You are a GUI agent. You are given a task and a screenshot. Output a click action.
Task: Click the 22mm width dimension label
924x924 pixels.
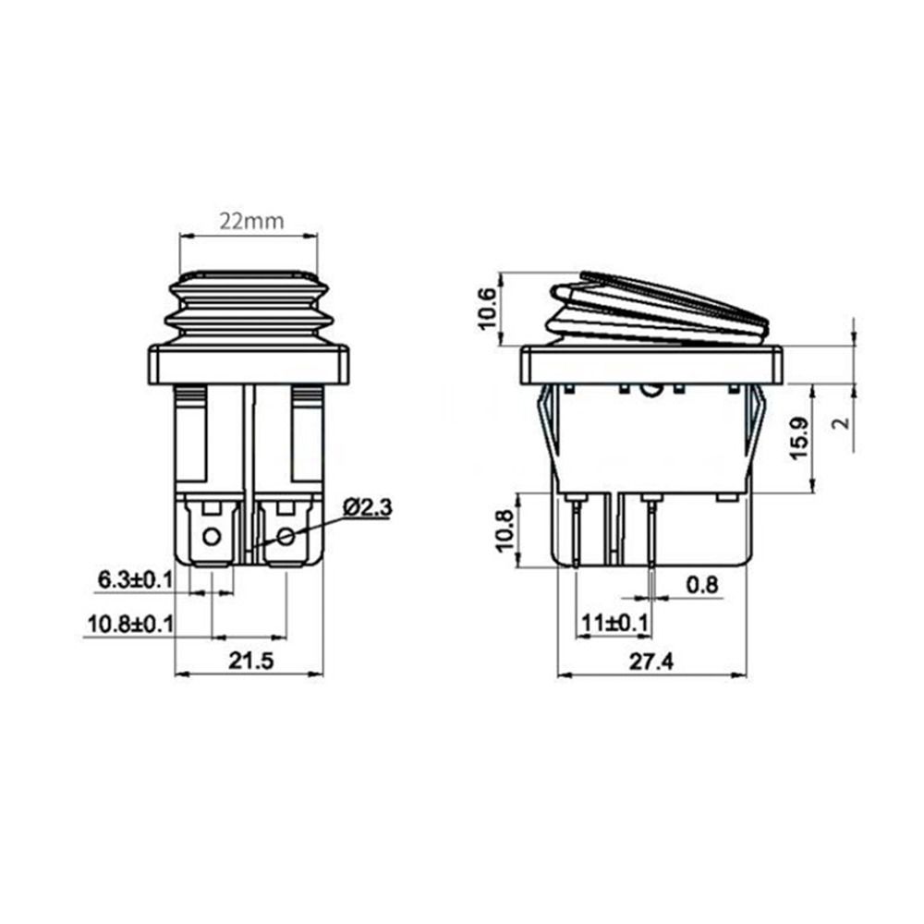pyautogui.click(x=250, y=222)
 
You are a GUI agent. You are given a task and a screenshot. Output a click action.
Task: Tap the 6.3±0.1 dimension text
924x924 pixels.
pyautogui.click(x=135, y=580)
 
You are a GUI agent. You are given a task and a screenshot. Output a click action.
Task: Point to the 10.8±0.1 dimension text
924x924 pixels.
pyautogui.click(x=129, y=624)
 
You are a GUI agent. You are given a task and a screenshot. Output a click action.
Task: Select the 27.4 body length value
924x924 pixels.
pyautogui.click(x=651, y=663)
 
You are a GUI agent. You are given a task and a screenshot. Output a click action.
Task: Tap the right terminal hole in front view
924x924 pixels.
pyautogui.click(x=286, y=536)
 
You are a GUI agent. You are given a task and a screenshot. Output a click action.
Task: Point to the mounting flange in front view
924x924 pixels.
pyautogui.click(x=248, y=365)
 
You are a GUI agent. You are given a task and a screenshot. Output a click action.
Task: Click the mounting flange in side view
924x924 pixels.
pyautogui.click(x=651, y=365)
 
